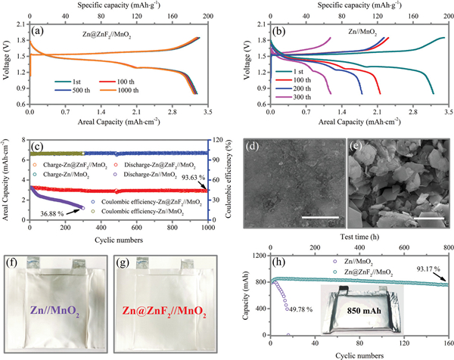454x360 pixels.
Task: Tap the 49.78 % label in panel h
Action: [300, 308]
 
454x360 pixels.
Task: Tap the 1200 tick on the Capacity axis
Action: [258, 257]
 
